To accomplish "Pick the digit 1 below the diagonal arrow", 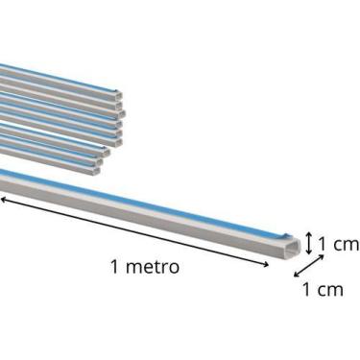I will point(306,289).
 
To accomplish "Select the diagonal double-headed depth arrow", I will point(306,265).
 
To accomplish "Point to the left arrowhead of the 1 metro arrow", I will point(3,199).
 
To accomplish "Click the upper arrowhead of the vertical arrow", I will point(309,233).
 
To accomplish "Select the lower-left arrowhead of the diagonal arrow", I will point(296,275).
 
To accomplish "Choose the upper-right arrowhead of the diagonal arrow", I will point(317,256).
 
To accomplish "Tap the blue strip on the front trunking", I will point(144,203).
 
